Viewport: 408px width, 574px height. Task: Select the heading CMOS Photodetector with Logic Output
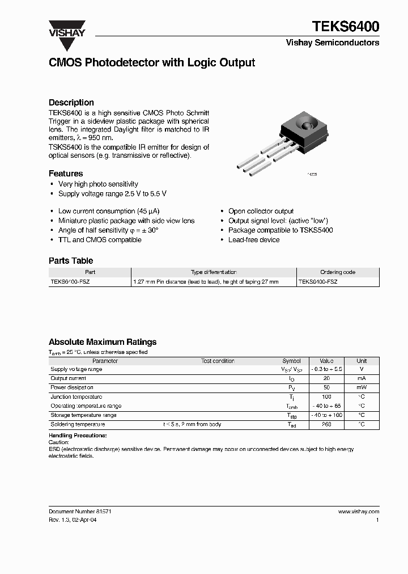point(152,63)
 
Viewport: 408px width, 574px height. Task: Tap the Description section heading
point(71,103)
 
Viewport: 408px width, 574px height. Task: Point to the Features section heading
point(66,174)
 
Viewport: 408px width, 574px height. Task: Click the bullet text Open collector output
point(261,211)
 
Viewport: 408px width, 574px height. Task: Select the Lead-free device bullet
point(254,240)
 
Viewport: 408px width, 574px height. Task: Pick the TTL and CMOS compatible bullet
point(100,240)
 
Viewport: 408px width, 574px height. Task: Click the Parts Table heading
point(71,261)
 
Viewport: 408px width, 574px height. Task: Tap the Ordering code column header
point(338,272)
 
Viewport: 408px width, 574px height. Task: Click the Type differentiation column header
point(214,272)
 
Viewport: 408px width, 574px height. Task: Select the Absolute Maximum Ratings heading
point(103,342)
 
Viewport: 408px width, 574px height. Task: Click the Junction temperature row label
point(76,397)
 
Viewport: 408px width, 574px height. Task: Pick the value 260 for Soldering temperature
point(326,424)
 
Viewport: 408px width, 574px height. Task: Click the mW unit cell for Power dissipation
point(362,388)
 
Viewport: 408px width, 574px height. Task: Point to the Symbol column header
point(291,361)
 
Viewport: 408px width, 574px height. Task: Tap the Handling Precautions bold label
point(78,435)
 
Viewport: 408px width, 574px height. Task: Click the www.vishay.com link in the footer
point(358,511)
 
